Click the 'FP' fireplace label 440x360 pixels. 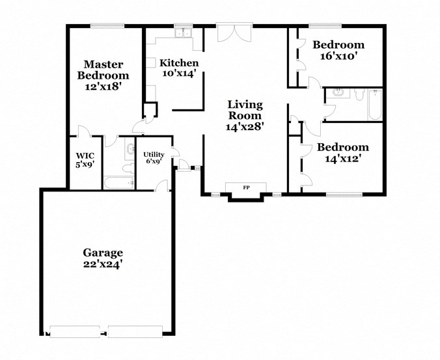pyautogui.click(x=245, y=188)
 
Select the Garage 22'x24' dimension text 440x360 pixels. pyautogui.click(x=102, y=264)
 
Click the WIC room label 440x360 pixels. pyautogui.click(x=85, y=156)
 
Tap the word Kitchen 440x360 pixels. pyautogui.click(x=178, y=62)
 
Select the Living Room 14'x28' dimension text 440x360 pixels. pyautogui.click(x=245, y=127)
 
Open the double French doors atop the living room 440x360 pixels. pyautogui.click(x=232, y=34)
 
